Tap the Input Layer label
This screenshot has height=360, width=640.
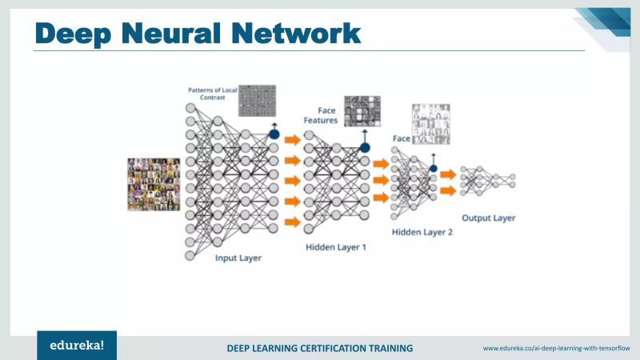[x=238, y=258]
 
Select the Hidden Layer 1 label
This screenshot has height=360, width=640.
[x=336, y=247]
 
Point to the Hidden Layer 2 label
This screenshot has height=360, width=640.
[x=422, y=232]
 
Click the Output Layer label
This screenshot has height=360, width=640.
[x=489, y=218]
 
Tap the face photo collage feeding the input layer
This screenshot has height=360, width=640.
[x=154, y=183]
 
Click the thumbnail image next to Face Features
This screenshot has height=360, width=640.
[x=362, y=111]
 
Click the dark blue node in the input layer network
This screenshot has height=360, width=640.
[x=274, y=134]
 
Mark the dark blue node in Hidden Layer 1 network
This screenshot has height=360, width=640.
[x=365, y=147]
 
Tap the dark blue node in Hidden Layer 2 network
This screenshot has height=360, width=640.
[x=433, y=168]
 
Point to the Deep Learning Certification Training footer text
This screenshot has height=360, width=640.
[x=320, y=348]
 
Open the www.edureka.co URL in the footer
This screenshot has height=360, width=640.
[x=557, y=348]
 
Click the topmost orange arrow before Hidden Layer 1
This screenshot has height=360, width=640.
[x=292, y=139]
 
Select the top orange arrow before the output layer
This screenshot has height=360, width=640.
[x=448, y=174]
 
